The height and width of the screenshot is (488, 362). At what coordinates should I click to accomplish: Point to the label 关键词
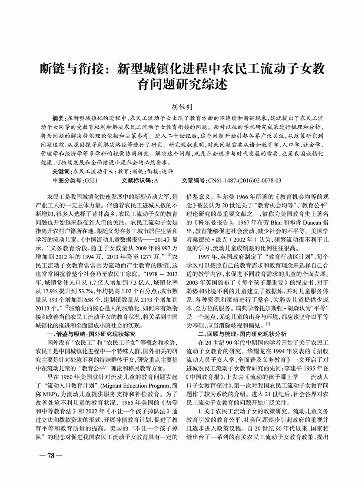[60, 172]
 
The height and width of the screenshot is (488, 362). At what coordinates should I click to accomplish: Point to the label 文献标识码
[137, 180]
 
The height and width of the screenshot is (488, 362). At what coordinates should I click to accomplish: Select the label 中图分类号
[67, 180]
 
